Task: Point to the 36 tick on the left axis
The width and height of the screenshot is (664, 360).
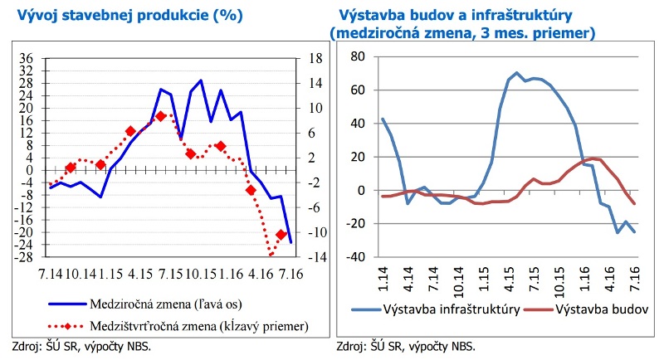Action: click(x=27, y=58)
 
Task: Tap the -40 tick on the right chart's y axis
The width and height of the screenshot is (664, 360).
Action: click(x=355, y=256)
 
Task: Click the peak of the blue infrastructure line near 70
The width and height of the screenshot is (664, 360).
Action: click(x=516, y=72)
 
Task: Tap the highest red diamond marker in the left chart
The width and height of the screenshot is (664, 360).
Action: click(x=160, y=116)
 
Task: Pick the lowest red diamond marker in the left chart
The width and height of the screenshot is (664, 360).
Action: click(x=281, y=235)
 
